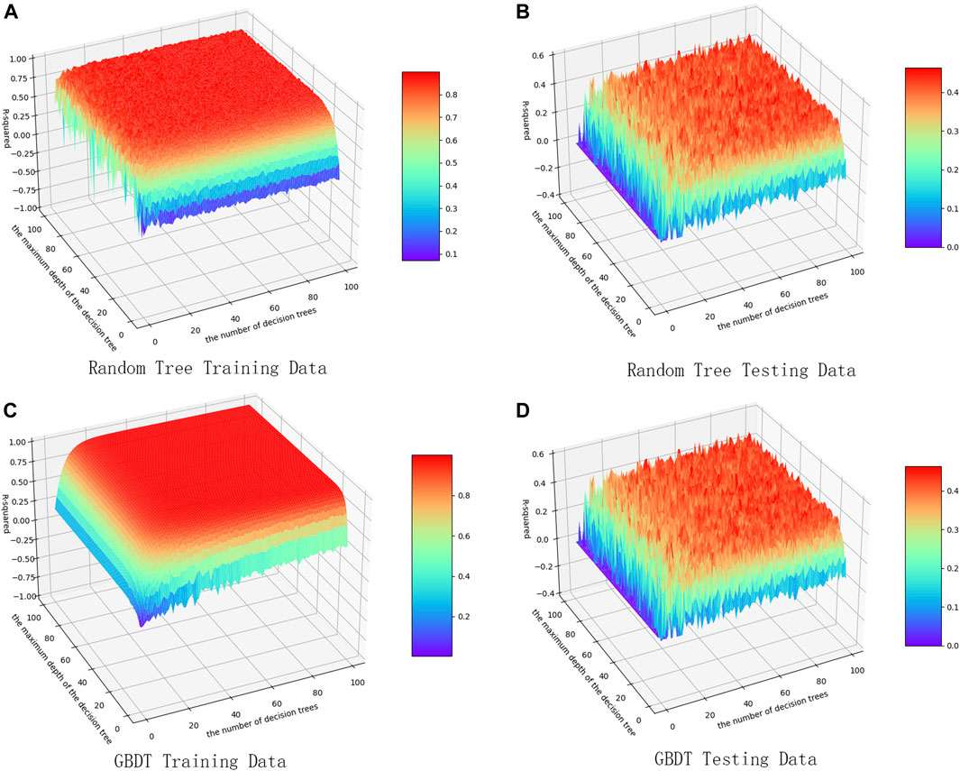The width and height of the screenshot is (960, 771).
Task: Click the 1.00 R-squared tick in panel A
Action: pyautogui.click(x=19, y=57)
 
